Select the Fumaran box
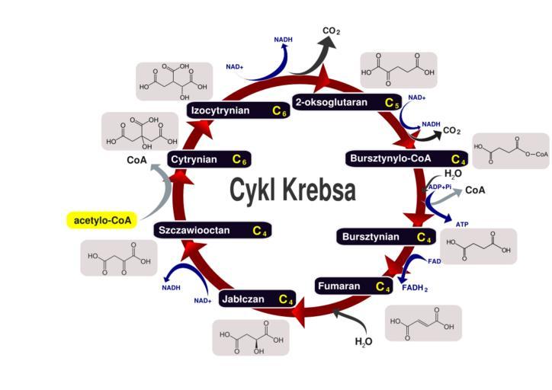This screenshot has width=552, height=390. (x=355, y=286)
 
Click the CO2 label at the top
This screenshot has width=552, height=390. (x=331, y=31)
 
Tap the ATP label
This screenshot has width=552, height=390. (x=462, y=224)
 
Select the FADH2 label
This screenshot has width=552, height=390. (x=415, y=287)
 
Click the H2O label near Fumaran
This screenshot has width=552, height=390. (x=364, y=341)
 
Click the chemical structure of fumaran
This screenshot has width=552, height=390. (x=423, y=323)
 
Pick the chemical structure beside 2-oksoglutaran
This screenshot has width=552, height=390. (x=398, y=71)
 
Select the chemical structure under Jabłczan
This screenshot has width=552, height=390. (x=251, y=337)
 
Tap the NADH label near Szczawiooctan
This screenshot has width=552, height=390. (x=171, y=287)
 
